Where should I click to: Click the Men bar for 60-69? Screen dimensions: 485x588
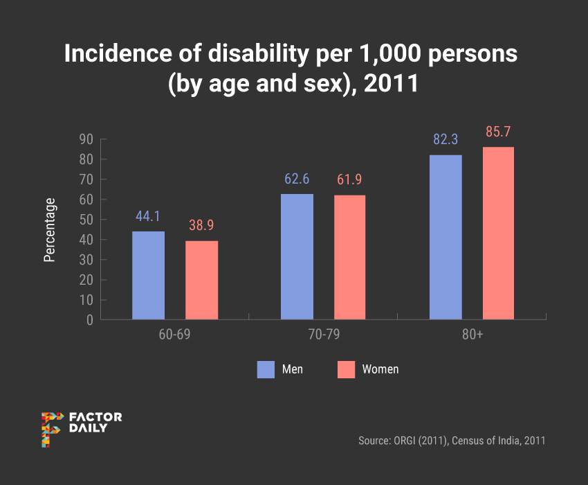[x=148, y=275]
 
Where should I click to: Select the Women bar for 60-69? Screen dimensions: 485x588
[x=202, y=280]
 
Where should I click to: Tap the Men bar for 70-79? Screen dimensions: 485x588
[x=297, y=256]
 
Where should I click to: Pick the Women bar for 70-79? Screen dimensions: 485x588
[x=349, y=257]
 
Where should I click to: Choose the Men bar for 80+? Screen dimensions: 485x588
[x=445, y=237]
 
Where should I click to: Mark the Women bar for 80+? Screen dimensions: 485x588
[x=498, y=233]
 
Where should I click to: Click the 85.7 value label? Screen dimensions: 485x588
[x=498, y=132]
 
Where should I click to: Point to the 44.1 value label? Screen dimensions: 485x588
[x=148, y=216]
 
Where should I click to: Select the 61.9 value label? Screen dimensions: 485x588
[x=349, y=180]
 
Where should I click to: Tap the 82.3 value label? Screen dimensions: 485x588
[x=445, y=139]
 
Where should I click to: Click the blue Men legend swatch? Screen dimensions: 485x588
[x=266, y=369]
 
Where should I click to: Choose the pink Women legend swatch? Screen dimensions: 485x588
[x=346, y=369]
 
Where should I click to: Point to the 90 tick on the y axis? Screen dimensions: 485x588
[x=86, y=139]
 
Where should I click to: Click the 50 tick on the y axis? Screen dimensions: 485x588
[x=86, y=220]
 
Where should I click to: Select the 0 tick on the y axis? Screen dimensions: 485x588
[x=89, y=320]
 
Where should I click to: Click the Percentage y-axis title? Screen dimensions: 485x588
[x=49, y=229]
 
